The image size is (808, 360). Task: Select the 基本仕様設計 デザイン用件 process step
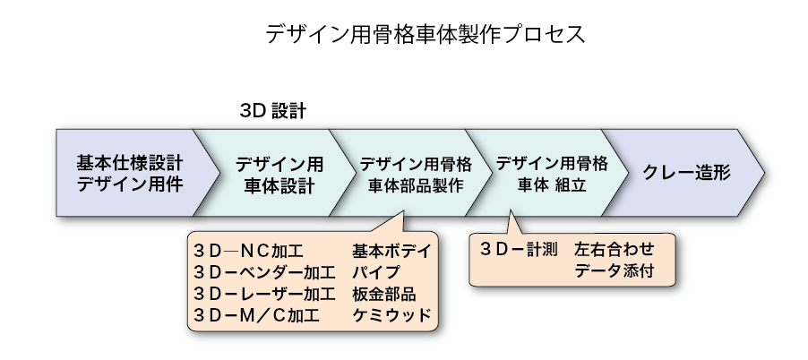129,174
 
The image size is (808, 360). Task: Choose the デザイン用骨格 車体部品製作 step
415,174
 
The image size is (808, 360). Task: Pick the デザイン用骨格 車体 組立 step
551,174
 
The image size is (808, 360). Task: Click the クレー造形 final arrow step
686,174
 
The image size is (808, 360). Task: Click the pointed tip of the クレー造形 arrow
762,173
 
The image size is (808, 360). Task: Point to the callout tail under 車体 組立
511,220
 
